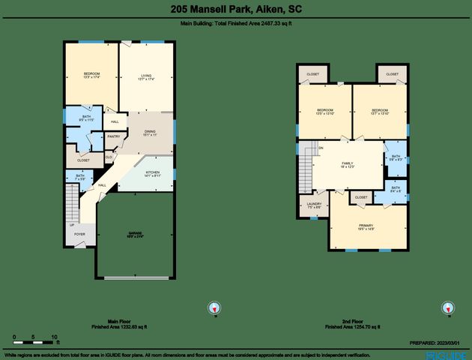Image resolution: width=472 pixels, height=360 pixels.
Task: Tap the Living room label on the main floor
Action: [147, 75]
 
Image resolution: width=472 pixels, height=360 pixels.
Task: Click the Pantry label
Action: [114, 136]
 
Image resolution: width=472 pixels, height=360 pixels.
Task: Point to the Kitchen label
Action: [152, 174]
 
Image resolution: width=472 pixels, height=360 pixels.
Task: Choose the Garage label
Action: [136, 235]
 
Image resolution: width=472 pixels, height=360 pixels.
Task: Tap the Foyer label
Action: [79, 235]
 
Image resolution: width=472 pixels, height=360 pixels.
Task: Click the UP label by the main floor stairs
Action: [72, 224]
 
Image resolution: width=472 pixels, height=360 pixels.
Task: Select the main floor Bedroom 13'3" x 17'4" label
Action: [92, 75]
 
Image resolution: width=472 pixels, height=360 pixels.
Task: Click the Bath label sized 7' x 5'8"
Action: [80, 178]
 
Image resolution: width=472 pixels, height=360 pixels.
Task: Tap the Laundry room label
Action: [315, 205]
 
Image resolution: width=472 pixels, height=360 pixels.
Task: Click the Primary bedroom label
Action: [366, 227]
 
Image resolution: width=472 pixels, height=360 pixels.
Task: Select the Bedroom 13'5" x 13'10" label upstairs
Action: [325, 112]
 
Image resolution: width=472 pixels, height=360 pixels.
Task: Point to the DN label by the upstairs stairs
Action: [321, 148]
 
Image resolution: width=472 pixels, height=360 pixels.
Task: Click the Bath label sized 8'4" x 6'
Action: [395, 189]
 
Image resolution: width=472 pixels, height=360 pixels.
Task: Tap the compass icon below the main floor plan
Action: [214, 307]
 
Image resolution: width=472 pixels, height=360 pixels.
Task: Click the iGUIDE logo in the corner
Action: [447, 354]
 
